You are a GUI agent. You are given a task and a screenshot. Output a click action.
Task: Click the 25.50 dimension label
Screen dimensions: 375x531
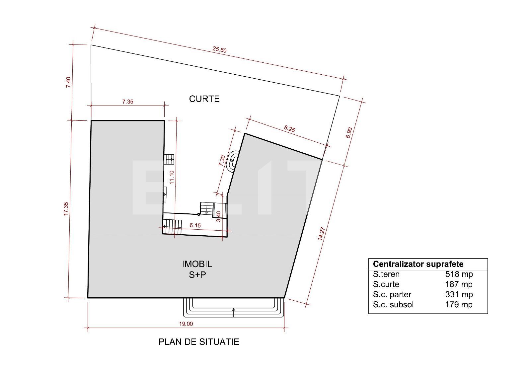click(x=219, y=50)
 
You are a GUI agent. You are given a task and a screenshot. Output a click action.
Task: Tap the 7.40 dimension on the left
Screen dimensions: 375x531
click(x=68, y=82)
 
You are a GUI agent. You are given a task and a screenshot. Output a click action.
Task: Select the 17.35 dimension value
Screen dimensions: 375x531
click(x=66, y=209)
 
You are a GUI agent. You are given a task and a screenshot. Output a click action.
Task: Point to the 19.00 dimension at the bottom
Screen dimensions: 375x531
click(x=186, y=324)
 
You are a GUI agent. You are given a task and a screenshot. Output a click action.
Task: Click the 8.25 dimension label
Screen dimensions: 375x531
click(x=289, y=129)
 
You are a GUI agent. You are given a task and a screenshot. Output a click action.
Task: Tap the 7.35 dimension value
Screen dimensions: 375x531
click(x=127, y=102)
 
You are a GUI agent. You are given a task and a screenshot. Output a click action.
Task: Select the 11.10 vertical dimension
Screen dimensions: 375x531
click(x=172, y=177)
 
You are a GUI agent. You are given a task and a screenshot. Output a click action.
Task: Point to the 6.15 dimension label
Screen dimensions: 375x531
click(x=195, y=226)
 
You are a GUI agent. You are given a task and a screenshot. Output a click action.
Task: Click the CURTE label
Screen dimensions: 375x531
click(x=204, y=99)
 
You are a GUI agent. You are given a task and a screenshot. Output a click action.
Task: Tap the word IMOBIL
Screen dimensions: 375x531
click(x=197, y=264)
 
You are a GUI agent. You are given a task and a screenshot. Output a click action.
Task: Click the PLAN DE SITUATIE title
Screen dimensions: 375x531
click(x=199, y=342)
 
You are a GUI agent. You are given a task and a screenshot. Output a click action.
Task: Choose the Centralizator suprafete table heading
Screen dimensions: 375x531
click(x=418, y=264)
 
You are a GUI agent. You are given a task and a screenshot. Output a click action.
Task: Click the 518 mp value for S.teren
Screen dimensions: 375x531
click(x=459, y=274)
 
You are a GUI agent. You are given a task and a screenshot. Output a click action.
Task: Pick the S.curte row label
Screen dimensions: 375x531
click(x=386, y=284)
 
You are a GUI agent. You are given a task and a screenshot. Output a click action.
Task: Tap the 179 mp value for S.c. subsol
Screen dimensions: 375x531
click(x=459, y=305)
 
